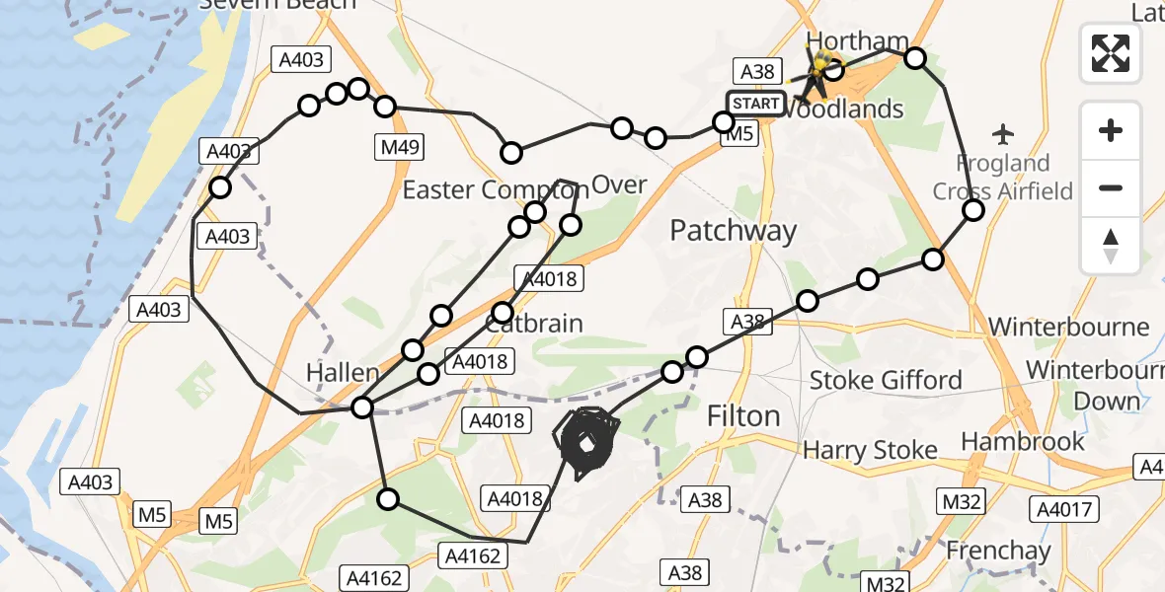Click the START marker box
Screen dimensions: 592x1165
(755, 104)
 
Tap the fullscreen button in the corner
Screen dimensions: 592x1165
(1111, 53)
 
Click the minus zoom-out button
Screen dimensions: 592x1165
(1111, 187)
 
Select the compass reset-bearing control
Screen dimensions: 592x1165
(1111, 246)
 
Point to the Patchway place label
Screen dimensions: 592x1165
(733, 231)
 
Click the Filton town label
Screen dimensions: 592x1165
(743, 416)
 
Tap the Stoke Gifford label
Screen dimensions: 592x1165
(886, 380)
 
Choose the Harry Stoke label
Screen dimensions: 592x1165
(870, 451)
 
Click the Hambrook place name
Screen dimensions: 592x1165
(1023, 441)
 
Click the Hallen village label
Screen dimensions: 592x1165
(343, 373)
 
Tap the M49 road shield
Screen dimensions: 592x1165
(400, 148)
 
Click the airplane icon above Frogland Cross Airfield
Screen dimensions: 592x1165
(1004, 132)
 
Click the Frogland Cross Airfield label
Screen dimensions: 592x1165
(1003, 177)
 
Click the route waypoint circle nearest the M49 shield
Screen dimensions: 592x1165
(385, 107)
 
